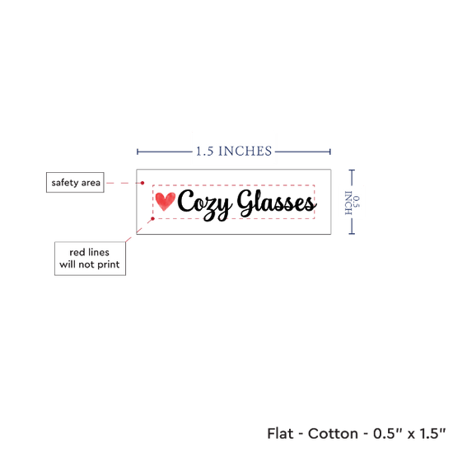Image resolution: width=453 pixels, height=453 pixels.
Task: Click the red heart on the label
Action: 165,201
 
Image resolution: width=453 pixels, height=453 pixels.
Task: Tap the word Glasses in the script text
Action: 277,203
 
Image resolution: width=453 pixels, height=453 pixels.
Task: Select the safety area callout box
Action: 75,182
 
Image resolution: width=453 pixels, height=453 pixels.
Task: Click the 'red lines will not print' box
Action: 90,259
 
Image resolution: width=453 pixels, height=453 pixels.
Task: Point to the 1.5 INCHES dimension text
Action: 234,151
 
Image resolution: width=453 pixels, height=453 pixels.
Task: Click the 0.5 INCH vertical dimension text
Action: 353,203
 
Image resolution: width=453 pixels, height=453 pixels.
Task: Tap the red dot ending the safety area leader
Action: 142,183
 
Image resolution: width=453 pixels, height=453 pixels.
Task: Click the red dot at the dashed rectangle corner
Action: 153,219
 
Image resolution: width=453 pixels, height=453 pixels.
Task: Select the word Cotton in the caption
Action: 333,433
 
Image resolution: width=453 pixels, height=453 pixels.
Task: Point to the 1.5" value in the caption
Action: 432,433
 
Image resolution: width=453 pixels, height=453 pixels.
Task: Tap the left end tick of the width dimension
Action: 138,152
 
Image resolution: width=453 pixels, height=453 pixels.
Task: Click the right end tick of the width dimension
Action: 330,152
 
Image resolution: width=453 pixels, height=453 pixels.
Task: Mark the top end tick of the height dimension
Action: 352,170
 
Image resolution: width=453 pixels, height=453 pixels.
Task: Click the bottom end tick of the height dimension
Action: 352,233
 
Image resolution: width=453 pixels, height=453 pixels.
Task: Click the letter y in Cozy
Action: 222,209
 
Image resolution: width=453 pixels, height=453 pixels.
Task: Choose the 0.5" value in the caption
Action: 386,433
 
